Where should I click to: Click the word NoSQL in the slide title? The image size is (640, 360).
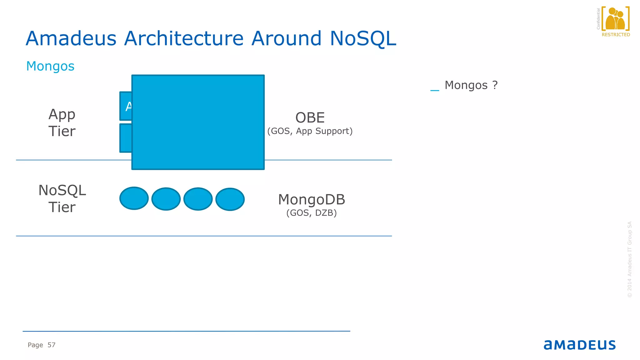pos(363,38)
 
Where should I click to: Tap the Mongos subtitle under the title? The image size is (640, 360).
pos(50,66)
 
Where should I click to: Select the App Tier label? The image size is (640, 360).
pos(62,123)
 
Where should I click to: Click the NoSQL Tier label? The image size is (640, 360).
pos(62,199)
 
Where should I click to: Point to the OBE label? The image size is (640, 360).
pos(310,118)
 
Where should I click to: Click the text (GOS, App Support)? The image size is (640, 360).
pos(310,131)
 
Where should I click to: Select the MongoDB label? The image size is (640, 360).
pos(312,200)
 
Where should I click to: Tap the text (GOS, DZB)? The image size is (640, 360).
pos(312,213)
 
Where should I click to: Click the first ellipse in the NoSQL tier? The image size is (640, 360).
pos(134,198)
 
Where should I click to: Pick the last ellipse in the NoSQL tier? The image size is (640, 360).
pos(230,199)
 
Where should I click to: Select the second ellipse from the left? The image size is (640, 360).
pos(166,199)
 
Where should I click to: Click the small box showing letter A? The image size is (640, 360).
pos(126,106)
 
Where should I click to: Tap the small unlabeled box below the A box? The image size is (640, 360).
pos(126,138)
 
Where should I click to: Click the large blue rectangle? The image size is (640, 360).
pos(198,122)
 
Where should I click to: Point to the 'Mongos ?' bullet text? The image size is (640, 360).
pos(471,85)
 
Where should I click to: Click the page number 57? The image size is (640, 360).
pos(52,345)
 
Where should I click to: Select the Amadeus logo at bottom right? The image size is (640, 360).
pos(580,345)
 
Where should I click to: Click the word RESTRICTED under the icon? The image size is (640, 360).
pos(616,35)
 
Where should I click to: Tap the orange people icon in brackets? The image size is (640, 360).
pos(615,19)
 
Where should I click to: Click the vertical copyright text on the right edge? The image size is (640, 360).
pos(630,259)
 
